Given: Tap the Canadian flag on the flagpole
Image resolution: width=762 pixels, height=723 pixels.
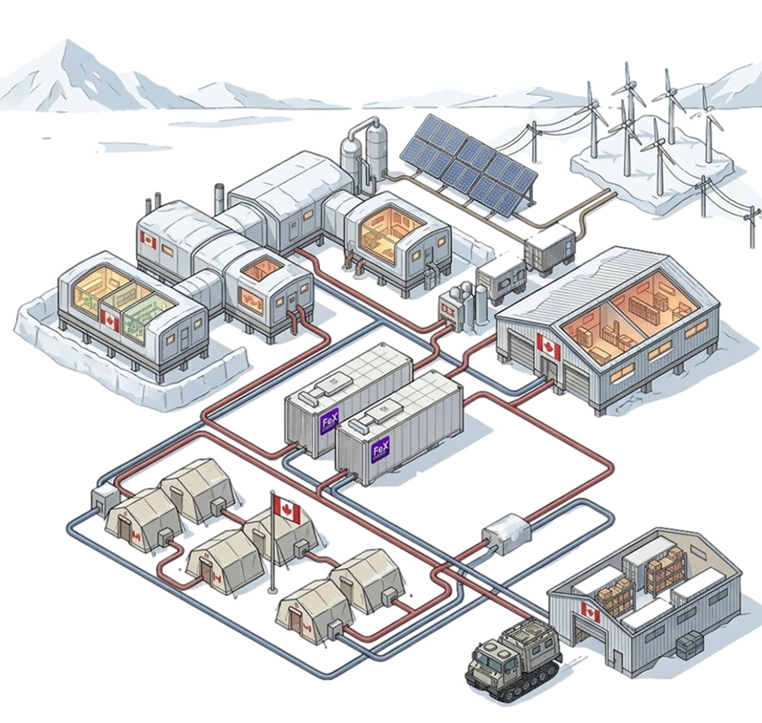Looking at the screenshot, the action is click(x=288, y=508).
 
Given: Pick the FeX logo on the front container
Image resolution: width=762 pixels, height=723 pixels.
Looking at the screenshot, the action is click(x=381, y=451).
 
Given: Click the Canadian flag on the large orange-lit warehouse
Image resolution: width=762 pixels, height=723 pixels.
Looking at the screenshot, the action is click(x=549, y=350).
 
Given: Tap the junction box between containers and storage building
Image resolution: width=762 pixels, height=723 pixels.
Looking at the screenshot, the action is click(x=506, y=532).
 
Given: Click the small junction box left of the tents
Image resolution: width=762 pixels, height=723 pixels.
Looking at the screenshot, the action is click(x=104, y=499).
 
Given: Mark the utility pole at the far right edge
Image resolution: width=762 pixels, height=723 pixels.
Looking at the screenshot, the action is click(x=752, y=225).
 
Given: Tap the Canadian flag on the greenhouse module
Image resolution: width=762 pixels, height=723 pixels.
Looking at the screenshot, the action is click(x=110, y=319).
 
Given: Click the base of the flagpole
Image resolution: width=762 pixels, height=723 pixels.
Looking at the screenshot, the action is click(x=274, y=590).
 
